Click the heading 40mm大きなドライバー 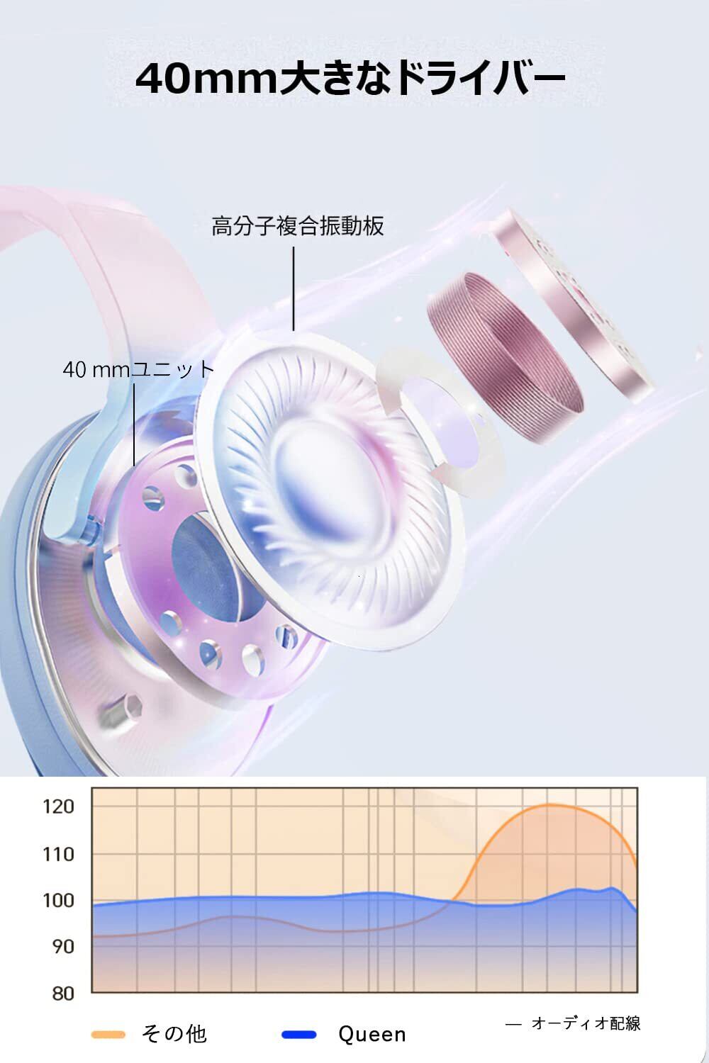pos(350,78)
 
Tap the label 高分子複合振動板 pos(298,226)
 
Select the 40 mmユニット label pos(138,369)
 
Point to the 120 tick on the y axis pos(58,806)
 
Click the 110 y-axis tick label pos(58,854)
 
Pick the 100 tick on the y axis pos(58,900)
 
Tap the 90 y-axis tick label pos(63,947)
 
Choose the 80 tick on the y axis pos(63,994)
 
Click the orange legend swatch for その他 pos(108,1035)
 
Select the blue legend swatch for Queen pos(299,1035)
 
